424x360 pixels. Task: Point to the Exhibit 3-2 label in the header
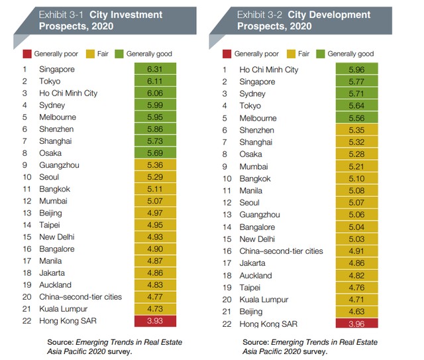[x=261, y=14]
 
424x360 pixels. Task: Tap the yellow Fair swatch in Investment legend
[x=93, y=53]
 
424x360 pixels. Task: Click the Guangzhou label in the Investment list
[x=60, y=165]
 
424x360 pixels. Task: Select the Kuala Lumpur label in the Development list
[x=264, y=299]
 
